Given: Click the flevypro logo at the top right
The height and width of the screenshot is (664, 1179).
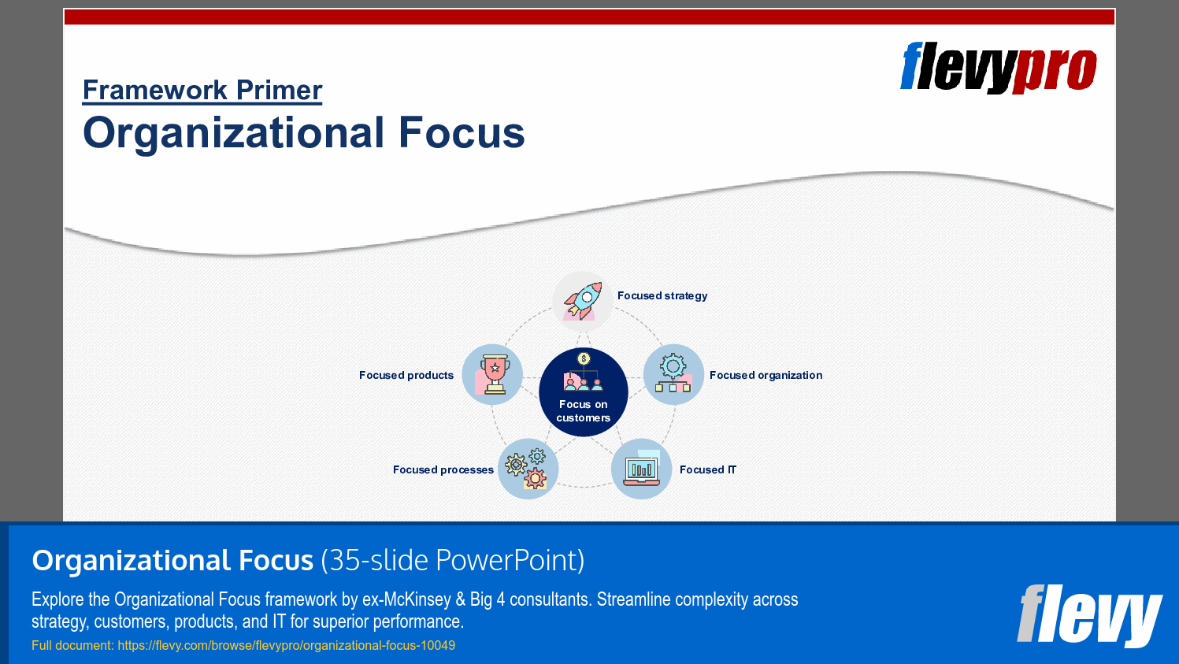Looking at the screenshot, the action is tap(999, 68).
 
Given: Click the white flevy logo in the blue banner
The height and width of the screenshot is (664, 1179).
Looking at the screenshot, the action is tap(1089, 616).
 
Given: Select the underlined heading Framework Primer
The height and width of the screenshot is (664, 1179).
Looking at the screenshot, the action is tap(202, 90).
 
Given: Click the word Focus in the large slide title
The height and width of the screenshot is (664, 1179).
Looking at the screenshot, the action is tap(462, 132).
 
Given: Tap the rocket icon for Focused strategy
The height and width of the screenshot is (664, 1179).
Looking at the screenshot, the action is tap(582, 301).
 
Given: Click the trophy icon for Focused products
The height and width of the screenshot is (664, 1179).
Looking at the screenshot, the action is tap(492, 374).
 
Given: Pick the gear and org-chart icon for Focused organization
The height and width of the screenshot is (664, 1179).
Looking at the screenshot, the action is tap(673, 374).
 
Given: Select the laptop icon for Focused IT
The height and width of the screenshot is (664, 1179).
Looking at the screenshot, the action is tap(641, 469).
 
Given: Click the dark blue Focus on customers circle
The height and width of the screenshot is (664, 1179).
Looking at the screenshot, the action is tap(583, 391).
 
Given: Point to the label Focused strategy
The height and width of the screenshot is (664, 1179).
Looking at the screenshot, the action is tap(662, 296).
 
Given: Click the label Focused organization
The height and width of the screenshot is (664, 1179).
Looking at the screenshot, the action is tap(766, 375).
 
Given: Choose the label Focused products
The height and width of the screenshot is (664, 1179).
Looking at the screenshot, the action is tap(406, 375).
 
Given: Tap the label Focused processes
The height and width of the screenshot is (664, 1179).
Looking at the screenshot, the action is tap(443, 469).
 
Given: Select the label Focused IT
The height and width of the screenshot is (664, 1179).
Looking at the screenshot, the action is tap(708, 469).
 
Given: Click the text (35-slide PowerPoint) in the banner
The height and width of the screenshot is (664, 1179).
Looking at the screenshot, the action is tap(453, 560).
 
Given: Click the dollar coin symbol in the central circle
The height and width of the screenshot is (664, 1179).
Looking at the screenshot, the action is tap(583, 358).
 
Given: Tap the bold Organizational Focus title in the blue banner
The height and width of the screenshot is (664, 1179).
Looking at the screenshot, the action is tap(172, 560).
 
